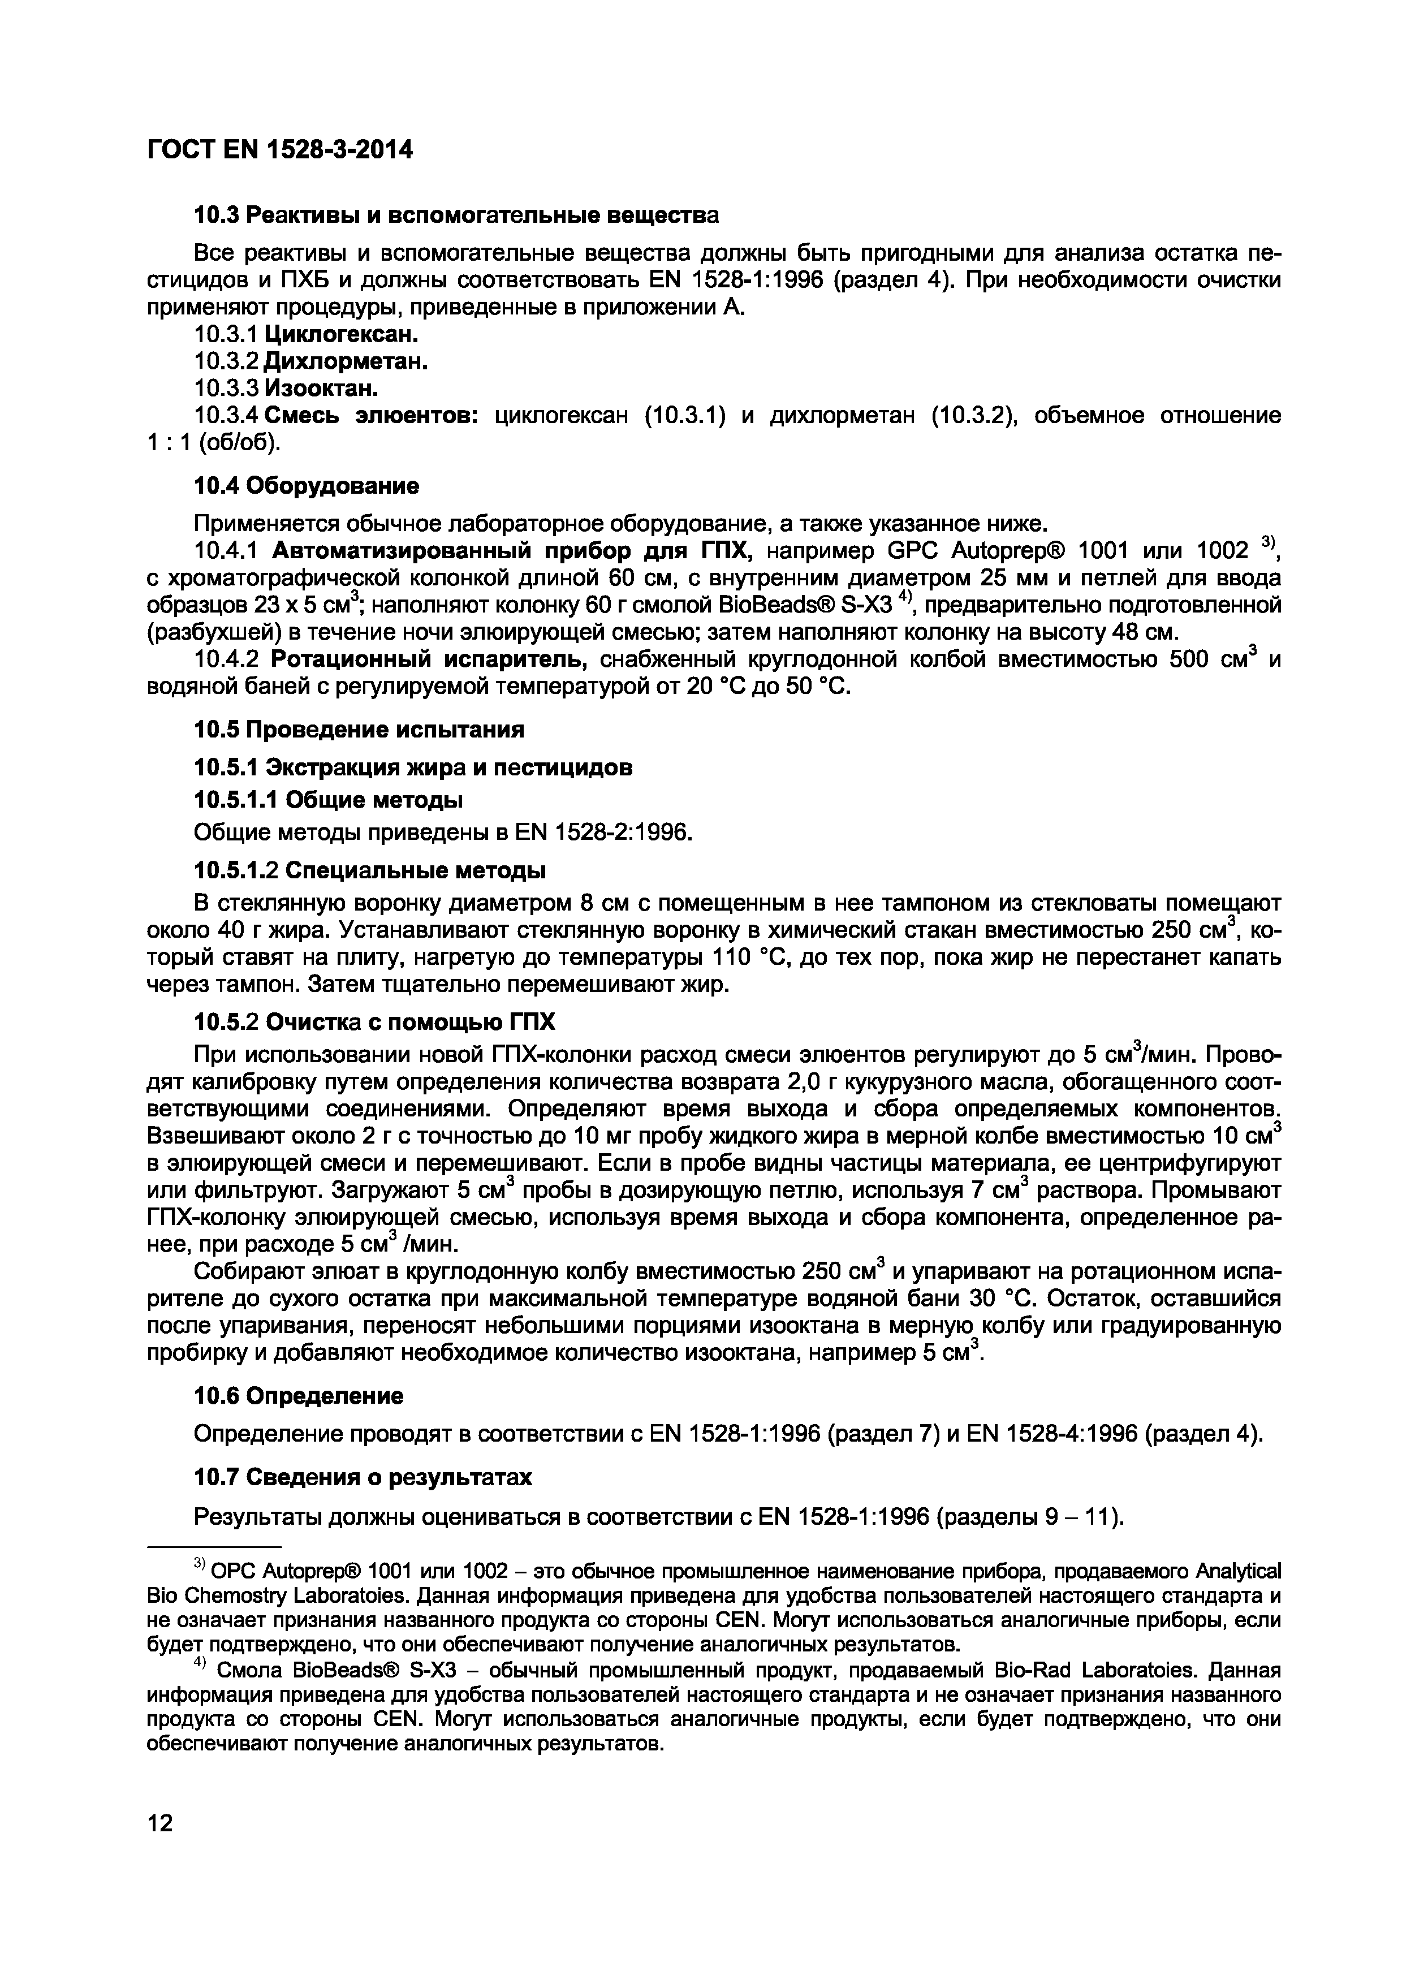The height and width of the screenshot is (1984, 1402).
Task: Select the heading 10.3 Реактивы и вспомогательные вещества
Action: [455, 214]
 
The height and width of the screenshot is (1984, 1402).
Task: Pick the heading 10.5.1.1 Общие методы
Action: [327, 799]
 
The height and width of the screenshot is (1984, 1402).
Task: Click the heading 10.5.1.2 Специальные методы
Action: [369, 869]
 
